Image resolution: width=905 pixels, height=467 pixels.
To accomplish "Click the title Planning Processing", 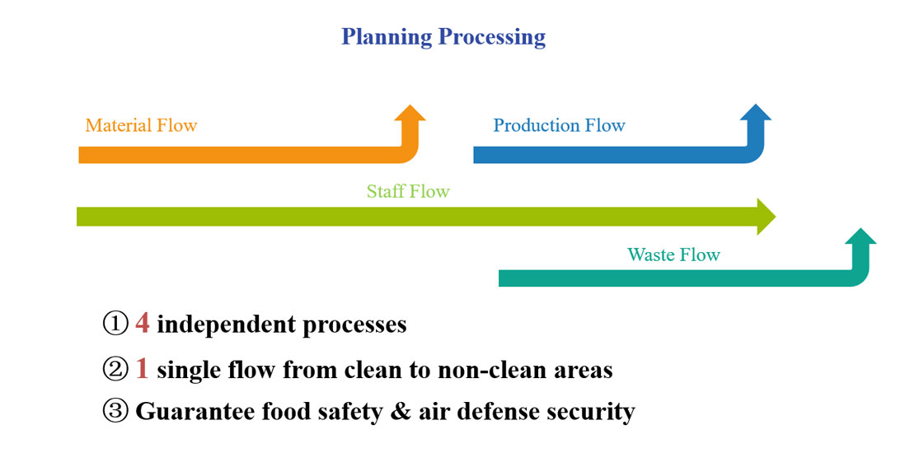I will pyautogui.click(x=443, y=37).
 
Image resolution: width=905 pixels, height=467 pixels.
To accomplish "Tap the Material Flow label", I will pyautogui.click(x=141, y=126).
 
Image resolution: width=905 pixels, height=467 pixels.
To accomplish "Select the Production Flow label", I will pyautogui.click(x=559, y=126).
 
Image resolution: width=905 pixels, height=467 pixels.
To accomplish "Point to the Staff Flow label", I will pyautogui.click(x=408, y=192).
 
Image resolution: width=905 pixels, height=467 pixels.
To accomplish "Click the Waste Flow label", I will pyautogui.click(x=673, y=255).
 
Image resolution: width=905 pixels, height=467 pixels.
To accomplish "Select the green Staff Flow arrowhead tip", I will pyautogui.click(x=767, y=217).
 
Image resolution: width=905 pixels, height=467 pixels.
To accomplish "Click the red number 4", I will pyautogui.click(x=143, y=324).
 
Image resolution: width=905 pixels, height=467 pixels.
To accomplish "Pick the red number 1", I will pyautogui.click(x=143, y=369).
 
